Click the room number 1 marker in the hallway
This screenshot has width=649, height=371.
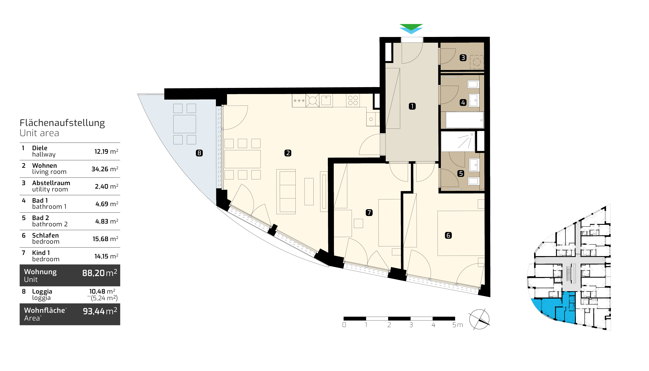click(412, 106)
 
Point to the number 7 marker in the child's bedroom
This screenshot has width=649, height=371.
click(369, 212)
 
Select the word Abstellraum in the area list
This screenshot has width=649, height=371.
click(51, 183)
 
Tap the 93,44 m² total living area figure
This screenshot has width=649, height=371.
click(100, 311)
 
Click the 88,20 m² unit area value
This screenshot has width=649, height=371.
click(100, 273)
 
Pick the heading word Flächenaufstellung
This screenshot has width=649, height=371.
click(62, 123)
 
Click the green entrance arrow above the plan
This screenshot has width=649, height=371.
click(411, 26)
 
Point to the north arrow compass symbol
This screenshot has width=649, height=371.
click(479, 319)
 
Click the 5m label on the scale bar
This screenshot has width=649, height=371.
click(458, 325)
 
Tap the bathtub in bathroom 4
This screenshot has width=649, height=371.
click(465, 120)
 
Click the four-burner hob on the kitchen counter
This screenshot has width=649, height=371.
click(353, 100)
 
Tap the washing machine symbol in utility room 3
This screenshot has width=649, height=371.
click(477, 62)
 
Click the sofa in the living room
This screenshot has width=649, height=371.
click(286, 192)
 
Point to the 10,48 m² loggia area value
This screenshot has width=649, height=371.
click(102, 291)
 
